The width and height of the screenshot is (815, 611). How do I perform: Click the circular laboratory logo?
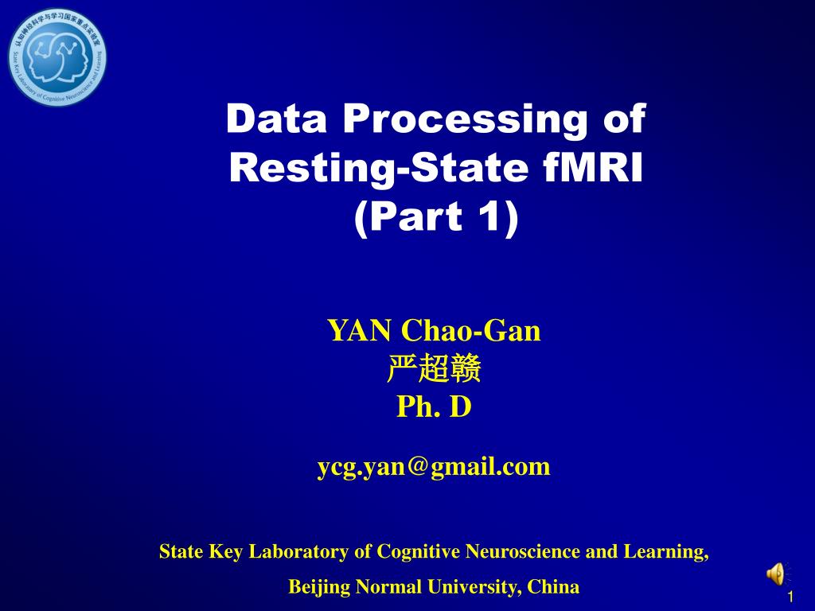(x=57, y=57)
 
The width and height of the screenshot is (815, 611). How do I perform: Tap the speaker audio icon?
(x=775, y=574)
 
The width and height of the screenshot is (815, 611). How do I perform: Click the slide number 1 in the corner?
(x=790, y=597)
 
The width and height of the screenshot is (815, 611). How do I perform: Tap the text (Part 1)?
(x=435, y=217)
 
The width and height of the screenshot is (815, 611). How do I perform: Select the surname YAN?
(x=361, y=330)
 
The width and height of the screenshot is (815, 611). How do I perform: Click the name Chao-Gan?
(x=471, y=330)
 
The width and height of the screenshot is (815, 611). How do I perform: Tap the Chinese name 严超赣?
(x=434, y=369)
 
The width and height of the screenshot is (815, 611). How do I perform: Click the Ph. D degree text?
(x=434, y=407)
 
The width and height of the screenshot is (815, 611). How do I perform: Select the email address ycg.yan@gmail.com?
(x=434, y=466)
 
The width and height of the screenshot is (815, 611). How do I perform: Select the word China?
(x=554, y=587)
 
